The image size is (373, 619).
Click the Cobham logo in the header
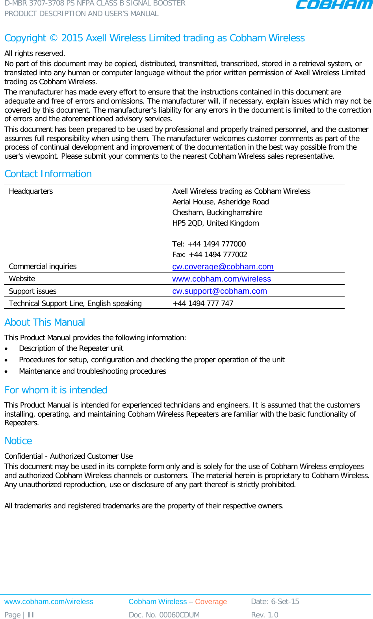pyautogui.click(x=334, y=5)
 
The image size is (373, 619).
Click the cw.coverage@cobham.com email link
pyautogui.click(x=223, y=267)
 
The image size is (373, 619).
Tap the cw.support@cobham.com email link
pyautogui.click(x=219, y=291)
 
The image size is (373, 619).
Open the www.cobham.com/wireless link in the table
pyautogui.click(x=221, y=279)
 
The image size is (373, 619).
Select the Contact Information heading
pyautogui.click(x=48, y=174)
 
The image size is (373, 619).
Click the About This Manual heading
pyautogui.click(x=45, y=322)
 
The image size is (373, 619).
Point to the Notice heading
pyautogui.click(x=18, y=441)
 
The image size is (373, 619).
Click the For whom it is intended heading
pyautogui.click(x=56, y=390)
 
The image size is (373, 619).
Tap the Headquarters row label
pyautogui.click(x=31, y=191)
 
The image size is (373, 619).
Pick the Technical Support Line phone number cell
pyautogui.click(x=202, y=303)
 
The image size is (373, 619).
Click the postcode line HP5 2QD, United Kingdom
pyautogui.click(x=215, y=223)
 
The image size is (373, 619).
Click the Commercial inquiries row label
pyautogui.click(x=43, y=267)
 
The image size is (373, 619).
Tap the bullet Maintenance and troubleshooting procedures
pyautogui.click(x=92, y=371)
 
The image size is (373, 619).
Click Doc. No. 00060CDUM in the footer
pyautogui.click(x=164, y=615)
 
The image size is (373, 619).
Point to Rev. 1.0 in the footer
pyautogui.click(x=264, y=615)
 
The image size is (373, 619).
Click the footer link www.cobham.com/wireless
pyautogui.click(x=49, y=601)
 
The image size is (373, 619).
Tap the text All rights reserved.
pyautogui.click(x=35, y=53)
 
